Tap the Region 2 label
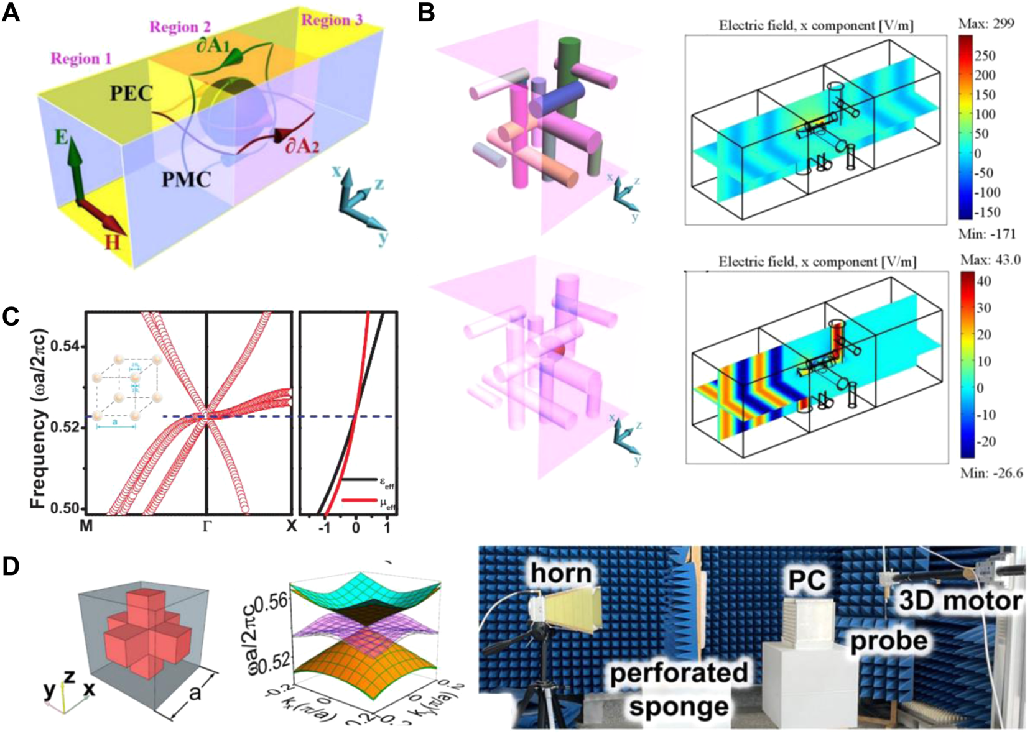180,27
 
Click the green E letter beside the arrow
61,137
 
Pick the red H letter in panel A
112,242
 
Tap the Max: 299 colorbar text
987,24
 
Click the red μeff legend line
359,500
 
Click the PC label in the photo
807,580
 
